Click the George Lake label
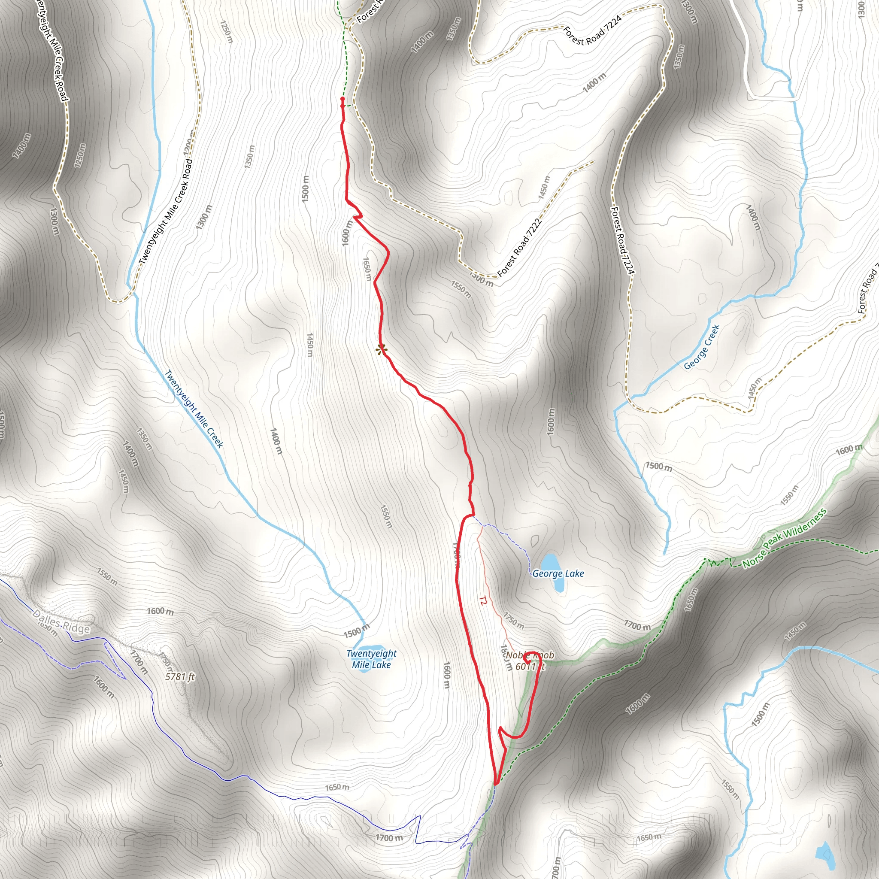tap(558, 574)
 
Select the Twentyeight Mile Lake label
tap(371, 659)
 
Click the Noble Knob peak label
tap(530, 661)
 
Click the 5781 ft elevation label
tap(180, 677)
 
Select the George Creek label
tap(702, 347)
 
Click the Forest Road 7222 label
tap(520, 248)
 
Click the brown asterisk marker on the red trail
tap(381, 349)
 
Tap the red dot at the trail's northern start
tap(342, 99)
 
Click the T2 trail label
tap(483, 601)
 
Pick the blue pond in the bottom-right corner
tap(825, 855)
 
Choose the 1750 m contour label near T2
tap(514, 621)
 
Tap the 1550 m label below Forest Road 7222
tap(461, 289)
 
